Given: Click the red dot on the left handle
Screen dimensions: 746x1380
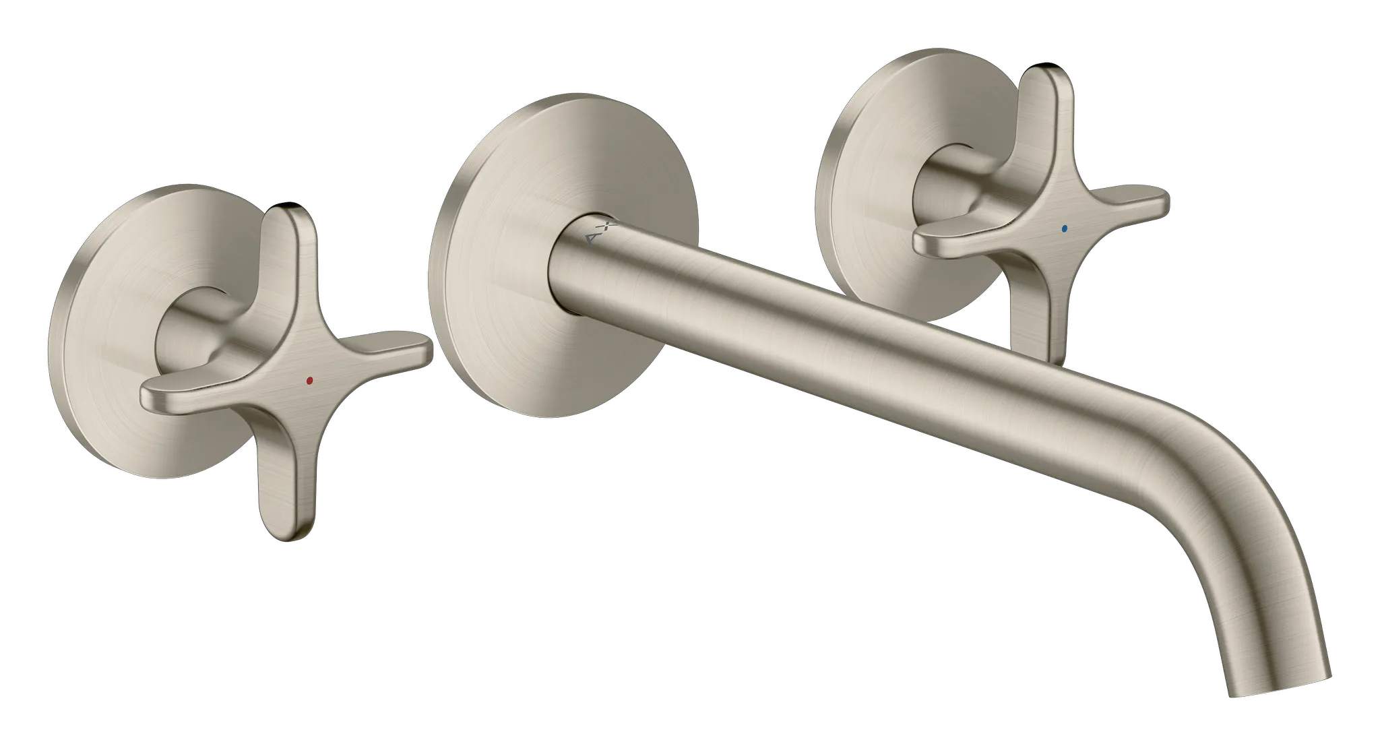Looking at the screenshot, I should (309, 381).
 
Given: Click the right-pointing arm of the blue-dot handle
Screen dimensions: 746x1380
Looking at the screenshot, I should (1132, 202).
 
